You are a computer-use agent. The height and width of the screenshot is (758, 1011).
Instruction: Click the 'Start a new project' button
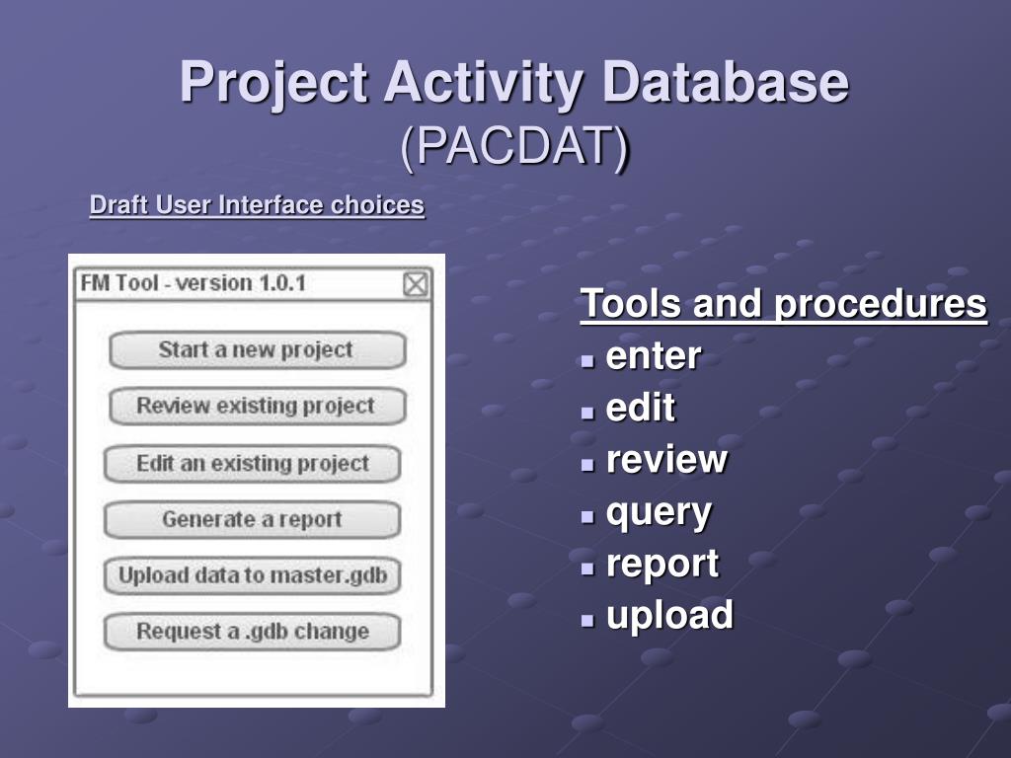pyautogui.click(x=258, y=350)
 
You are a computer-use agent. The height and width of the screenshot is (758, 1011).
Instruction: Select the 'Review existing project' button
pyautogui.click(x=258, y=406)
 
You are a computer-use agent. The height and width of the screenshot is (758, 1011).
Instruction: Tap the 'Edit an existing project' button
pyautogui.click(x=252, y=464)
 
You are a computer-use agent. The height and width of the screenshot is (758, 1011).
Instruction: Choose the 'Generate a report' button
pyautogui.click(x=252, y=519)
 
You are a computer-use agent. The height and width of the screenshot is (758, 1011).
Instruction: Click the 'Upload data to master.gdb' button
pyautogui.click(x=252, y=575)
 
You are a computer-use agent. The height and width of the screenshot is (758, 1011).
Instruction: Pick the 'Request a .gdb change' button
pyautogui.click(x=252, y=632)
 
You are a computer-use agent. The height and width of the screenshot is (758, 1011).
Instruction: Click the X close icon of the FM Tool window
pyautogui.click(x=416, y=284)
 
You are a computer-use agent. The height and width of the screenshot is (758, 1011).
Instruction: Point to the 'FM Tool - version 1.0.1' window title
pyautogui.click(x=193, y=283)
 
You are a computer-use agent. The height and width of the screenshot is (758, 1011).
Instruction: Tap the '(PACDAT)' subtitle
pyautogui.click(x=514, y=146)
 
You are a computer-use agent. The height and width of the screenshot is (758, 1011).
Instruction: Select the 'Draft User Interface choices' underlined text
pyautogui.click(x=257, y=205)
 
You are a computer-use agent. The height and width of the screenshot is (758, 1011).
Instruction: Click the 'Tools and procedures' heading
pyautogui.click(x=783, y=303)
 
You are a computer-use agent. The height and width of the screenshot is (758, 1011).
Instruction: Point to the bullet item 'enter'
pyautogui.click(x=654, y=355)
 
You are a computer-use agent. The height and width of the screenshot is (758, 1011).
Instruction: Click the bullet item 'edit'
pyautogui.click(x=640, y=408)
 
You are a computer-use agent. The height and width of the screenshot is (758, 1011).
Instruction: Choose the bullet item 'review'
pyautogui.click(x=666, y=460)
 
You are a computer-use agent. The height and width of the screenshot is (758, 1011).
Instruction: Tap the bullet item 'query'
pyautogui.click(x=659, y=513)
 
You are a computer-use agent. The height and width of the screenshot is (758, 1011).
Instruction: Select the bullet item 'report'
pyautogui.click(x=662, y=565)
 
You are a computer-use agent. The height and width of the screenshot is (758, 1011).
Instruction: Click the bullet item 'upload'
pyautogui.click(x=669, y=614)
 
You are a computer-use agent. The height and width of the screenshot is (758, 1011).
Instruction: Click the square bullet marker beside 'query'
pyautogui.click(x=586, y=516)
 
